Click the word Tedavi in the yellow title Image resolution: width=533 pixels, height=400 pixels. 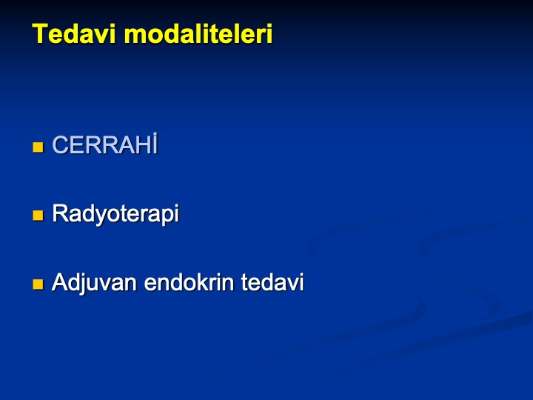tap(74, 33)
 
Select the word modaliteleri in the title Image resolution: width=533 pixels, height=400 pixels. tap(198, 33)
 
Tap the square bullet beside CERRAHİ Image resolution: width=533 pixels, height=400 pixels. tap(38, 147)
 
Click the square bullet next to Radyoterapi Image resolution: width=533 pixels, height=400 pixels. tap(38, 216)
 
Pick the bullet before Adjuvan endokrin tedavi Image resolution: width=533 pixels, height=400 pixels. tap(38, 284)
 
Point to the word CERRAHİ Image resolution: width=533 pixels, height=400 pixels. tap(105, 144)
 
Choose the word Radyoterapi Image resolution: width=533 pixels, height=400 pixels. tap(115, 214)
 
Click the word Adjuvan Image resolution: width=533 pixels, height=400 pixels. tap(94, 283)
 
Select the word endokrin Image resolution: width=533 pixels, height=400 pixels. tap(189, 282)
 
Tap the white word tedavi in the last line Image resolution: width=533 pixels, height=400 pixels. tap(272, 282)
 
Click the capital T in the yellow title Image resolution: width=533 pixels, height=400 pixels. tap(39, 33)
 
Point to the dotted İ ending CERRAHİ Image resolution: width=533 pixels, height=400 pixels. tap(155, 144)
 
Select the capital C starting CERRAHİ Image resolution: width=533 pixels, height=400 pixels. tap(60, 145)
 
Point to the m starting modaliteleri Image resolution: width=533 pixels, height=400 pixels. tap(133, 36)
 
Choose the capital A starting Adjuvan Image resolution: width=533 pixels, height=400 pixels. tap(60, 282)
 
